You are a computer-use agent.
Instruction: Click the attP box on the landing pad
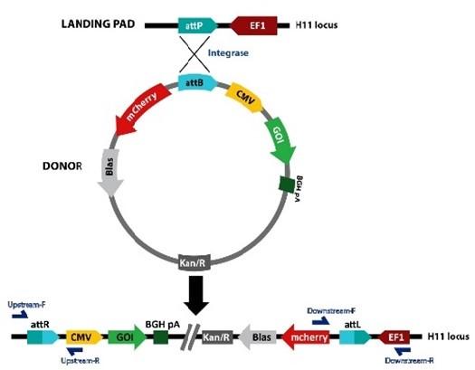(x=197, y=25)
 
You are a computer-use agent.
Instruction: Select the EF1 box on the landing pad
(x=254, y=25)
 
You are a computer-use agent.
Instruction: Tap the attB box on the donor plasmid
(x=197, y=82)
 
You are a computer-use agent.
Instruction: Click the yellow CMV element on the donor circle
(x=244, y=97)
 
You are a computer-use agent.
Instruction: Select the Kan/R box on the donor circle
(x=193, y=263)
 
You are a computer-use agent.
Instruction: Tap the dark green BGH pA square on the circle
(x=286, y=185)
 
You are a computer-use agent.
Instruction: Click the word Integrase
(x=228, y=53)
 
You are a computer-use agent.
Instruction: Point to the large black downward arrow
(x=196, y=295)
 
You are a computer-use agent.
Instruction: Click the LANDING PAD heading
(x=98, y=24)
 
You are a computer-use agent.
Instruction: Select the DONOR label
(x=62, y=166)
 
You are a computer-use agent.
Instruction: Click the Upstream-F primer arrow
(x=20, y=315)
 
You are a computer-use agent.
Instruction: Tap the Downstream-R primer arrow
(x=403, y=351)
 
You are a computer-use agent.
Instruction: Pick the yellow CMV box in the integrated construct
(x=83, y=337)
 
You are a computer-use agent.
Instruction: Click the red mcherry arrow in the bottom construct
(x=306, y=337)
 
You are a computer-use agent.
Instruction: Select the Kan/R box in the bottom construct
(x=217, y=337)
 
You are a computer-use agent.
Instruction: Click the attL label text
(x=353, y=325)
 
